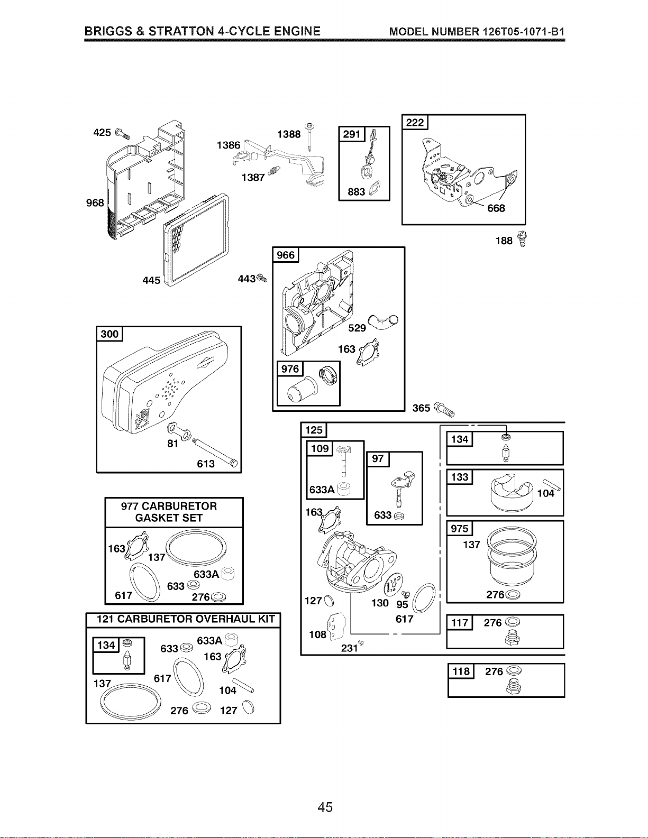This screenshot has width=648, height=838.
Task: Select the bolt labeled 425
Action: click(x=122, y=134)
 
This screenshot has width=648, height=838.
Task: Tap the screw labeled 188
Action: click(x=522, y=239)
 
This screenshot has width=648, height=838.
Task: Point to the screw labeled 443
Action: click(x=262, y=278)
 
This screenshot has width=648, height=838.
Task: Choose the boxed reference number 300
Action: click(x=109, y=334)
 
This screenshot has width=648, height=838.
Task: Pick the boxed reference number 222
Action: click(x=415, y=122)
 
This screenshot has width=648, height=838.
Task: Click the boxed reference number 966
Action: click(x=286, y=255)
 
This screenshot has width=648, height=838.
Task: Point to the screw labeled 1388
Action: click(x=309, y=137)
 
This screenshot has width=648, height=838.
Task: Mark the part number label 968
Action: click(x=95, y=203)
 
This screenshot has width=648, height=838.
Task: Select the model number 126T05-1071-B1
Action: click(x=523, y=32)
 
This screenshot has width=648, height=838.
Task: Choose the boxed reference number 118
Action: click(x=461, y=671)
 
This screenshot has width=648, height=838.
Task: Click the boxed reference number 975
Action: click(x=459, y=528)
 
